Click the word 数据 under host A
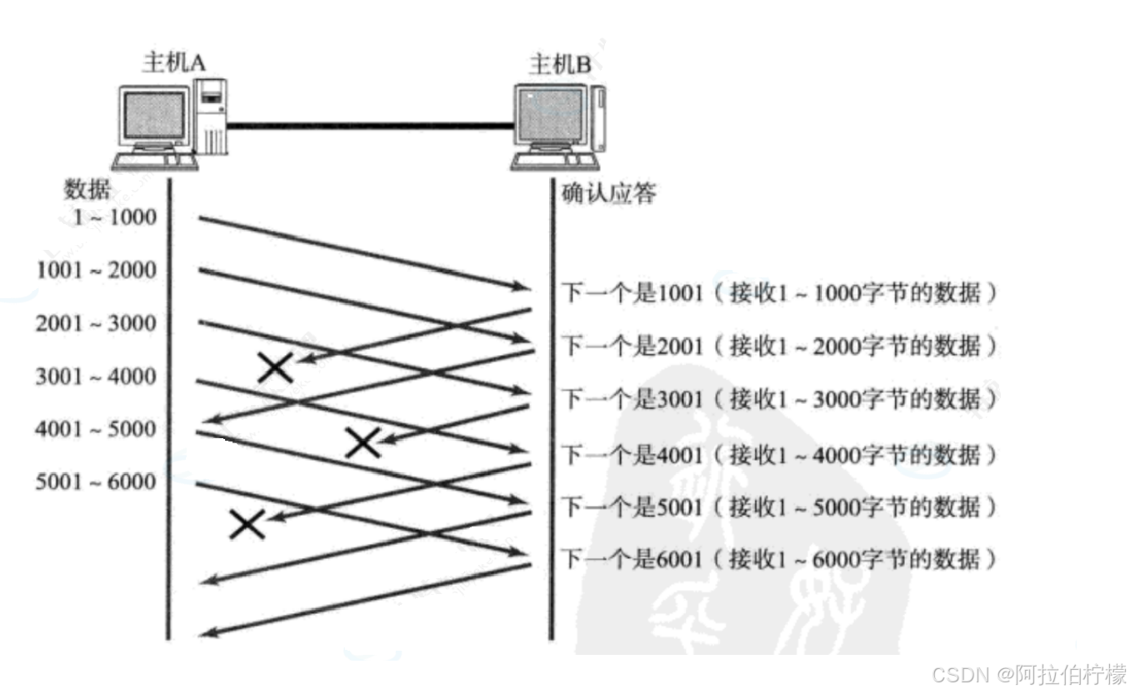pyautogui.click(x=87, y=190)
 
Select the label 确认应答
pyautogui.click(x=609, y=194)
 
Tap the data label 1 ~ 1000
pyautogui.click(x=114, y=217)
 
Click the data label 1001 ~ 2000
pyautogui.click(x=97, y=270)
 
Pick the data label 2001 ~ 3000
pyautogui.click(x=96, y=323)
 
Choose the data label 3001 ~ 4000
pyautogui.click(x=96, y=377)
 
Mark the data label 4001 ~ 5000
pyautogui.click(x=96, y=429)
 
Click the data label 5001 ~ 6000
pyautogui.click(x=96, y=482)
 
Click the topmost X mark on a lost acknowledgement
pyautogui.click(x=275, y=367)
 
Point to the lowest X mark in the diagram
pyautogui.click(x=247, y=524)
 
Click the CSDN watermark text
pyautogui.click(x=1028, y=674)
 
